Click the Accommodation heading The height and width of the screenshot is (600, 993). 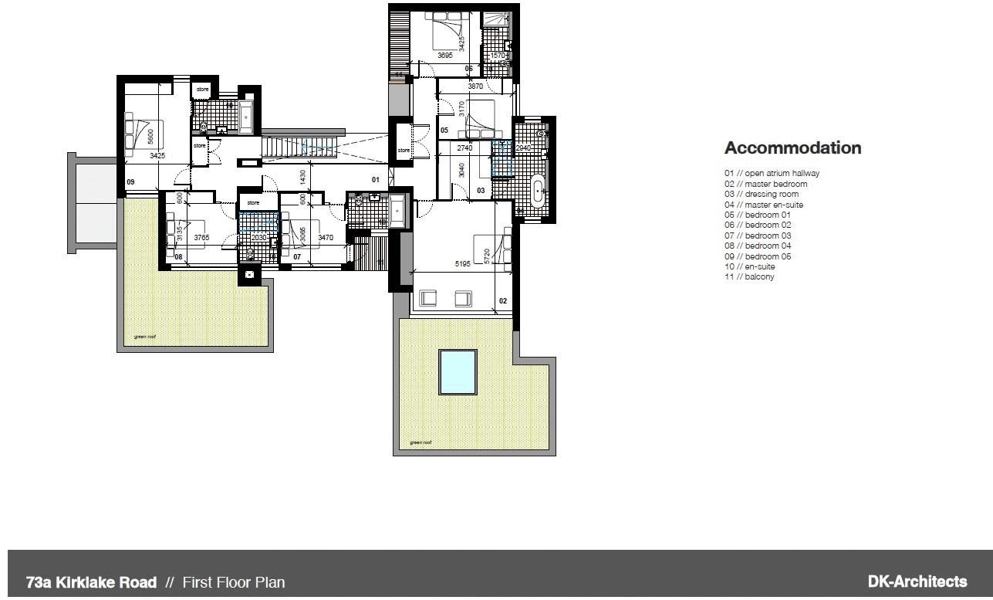[x=792, y=148]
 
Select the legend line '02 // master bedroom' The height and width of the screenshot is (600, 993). [x=765, y=184]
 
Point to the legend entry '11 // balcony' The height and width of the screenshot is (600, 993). [x=748, y=276]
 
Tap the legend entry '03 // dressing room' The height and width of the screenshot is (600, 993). [x=761, y=194]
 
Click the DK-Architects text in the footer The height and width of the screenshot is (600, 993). [x=917, y=581]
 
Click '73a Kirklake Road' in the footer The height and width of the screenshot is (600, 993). [x=91, y=582]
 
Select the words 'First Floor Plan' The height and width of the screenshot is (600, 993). [x=233, y=582]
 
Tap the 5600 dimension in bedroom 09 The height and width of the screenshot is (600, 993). [x=150, y=137]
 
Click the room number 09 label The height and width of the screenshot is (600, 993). [x=130, y=183]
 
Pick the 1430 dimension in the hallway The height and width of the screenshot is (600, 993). [x=302, y=177]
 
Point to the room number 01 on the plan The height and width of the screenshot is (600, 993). [x=376, y=180]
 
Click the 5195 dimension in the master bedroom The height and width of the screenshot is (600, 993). [x=463, y=264]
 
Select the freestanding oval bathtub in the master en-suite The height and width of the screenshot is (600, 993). [x=538, y=188]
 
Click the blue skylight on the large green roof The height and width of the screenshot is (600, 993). [x=458, y=371]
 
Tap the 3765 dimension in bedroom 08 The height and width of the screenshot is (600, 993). [x=201, y=238]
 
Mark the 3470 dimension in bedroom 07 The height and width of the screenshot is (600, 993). [x=325, y=238]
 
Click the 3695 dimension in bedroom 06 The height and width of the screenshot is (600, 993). [x=444, y=56]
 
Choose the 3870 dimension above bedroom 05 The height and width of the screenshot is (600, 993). [x=475, y=86]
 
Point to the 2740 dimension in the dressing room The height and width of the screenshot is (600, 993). [x=464, y=147]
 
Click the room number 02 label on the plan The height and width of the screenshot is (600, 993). [x=503, y=300]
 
